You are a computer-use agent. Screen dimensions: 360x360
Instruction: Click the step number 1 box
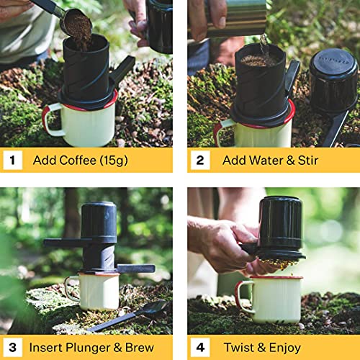click(x=13, y=160)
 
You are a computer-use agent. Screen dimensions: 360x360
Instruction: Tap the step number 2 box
click(x=200, y=160)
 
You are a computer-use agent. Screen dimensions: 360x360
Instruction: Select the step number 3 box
click(x=13, y=347)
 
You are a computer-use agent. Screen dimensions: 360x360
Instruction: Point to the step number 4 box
click(x=200, y=347)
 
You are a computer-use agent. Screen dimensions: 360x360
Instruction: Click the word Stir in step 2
click(x=308, y=161)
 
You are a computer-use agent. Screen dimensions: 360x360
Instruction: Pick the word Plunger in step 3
click(x=88, y=348)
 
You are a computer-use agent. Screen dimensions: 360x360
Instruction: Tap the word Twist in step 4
click(x=239, y=347)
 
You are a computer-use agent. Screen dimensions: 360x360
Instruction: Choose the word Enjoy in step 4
click(x=285, y=348)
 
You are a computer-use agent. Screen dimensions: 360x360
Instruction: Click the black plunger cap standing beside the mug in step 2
click(x=333, y=81)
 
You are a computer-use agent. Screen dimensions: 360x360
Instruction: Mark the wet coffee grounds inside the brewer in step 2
click(x=259, y=60)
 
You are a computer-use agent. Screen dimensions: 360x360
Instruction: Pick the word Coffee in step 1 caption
click(x=78, y=160)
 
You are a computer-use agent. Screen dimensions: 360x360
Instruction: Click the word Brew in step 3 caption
click(x=140, y=347)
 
